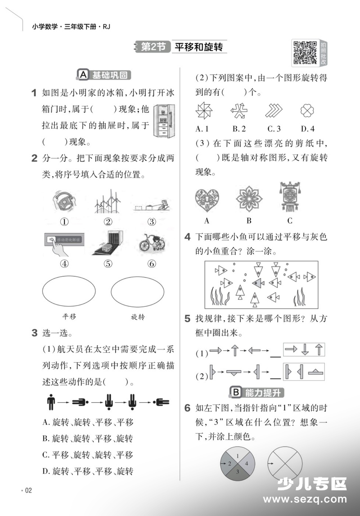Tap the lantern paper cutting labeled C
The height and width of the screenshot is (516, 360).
[x=290, y=197]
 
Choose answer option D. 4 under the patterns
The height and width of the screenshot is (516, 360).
[x=308, y=129]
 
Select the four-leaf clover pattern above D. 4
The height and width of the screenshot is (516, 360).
[x=307, y=111]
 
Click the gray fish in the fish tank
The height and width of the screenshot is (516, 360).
[x=258, y=283]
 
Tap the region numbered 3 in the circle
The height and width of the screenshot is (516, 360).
[x=238, y=473]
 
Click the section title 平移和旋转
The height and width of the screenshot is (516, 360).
[x=198, y=47]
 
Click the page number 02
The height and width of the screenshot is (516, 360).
[x=28, y=490]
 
